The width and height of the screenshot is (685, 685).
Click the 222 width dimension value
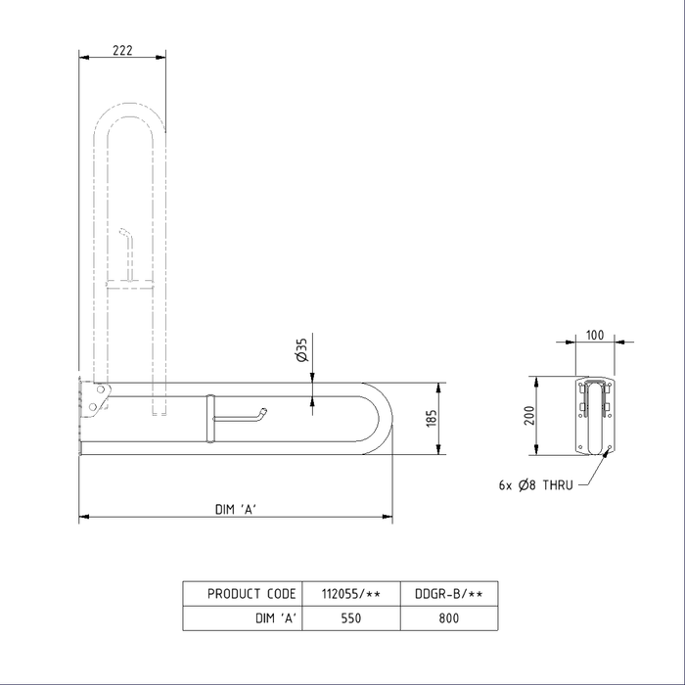pos(121,51)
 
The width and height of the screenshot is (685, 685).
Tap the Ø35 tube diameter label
pos(301,349)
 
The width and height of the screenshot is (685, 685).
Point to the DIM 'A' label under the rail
pos(236,508)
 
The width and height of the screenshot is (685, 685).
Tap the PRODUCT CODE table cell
pos(251,594)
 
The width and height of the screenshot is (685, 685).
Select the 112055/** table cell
pos(351,594)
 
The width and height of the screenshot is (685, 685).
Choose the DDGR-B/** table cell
pos(450,594)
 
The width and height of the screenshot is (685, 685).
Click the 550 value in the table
pos(351,617)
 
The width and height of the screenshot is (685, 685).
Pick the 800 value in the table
pos(450,617)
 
